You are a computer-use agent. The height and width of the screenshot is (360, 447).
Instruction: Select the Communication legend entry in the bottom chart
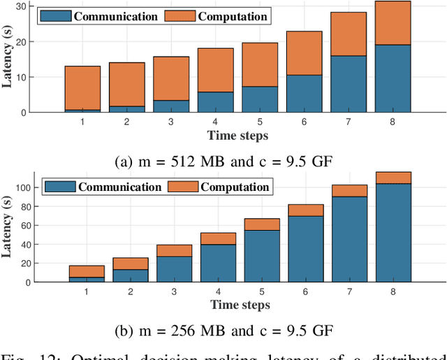(105, 187)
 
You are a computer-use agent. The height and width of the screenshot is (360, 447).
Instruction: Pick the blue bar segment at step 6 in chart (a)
(304, 93)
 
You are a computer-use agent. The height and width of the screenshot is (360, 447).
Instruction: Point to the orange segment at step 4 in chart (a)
(215, 70)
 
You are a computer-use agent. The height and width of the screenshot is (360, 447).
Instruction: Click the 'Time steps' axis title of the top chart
(237, 135)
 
